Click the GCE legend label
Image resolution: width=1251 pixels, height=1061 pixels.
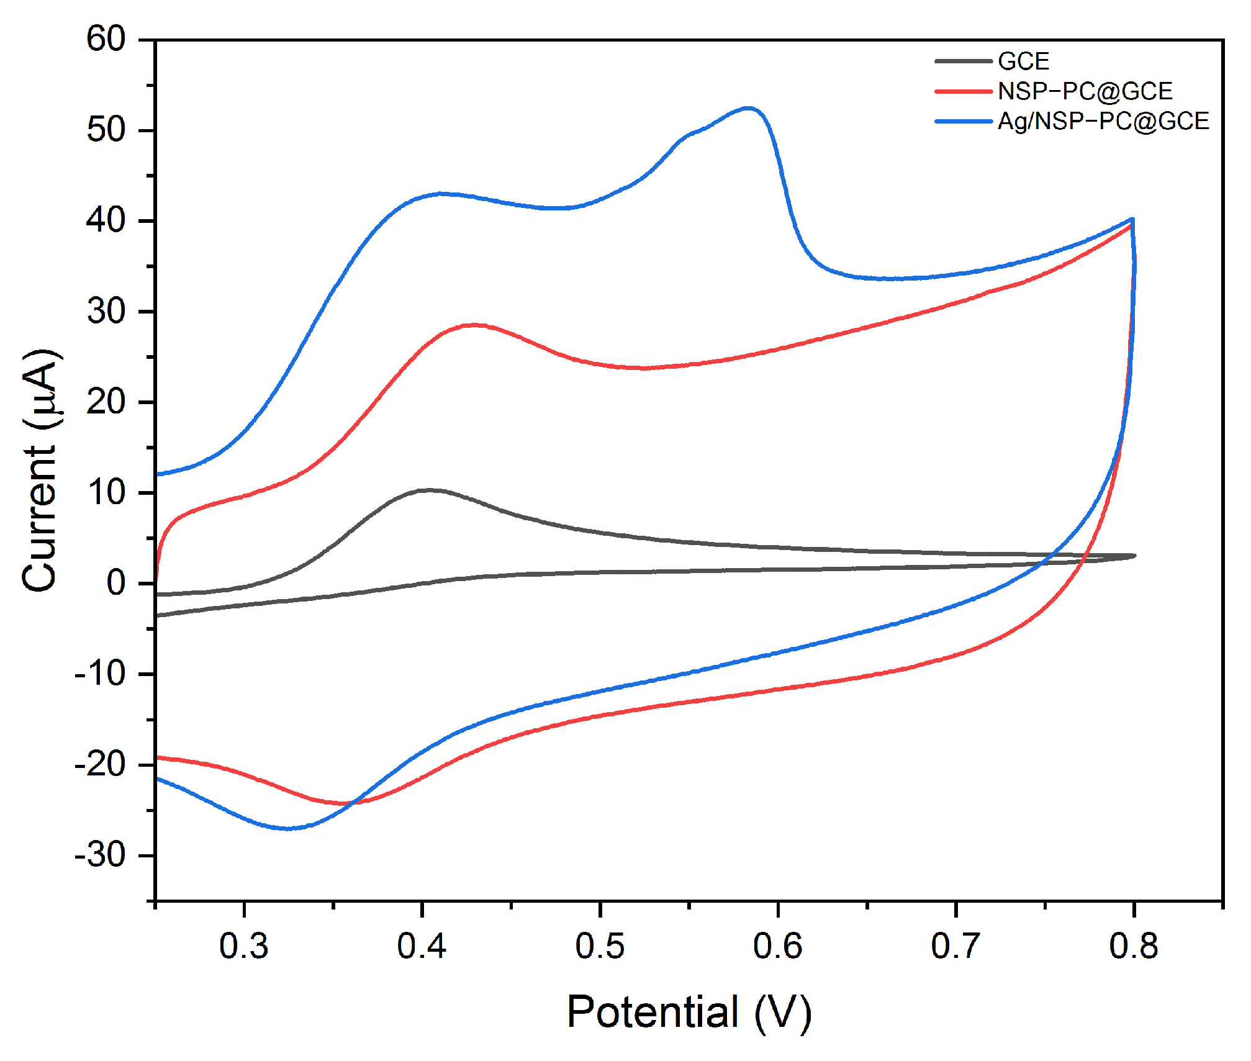[x=1023, y=61]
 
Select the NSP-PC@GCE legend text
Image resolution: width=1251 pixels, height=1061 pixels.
[x=1085, y=91]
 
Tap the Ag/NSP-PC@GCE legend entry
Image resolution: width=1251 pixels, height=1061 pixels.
[x=1103, y=121]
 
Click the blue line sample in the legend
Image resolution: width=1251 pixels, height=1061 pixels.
[x=964, y=121]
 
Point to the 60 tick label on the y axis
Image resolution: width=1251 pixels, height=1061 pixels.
[x=106, y=40]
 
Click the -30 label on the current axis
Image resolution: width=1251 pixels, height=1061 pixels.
[x=100, y=856]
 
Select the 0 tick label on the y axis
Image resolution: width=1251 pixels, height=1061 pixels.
[x=116, y=584]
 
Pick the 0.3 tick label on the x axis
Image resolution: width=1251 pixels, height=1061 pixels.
[x=244, y=946]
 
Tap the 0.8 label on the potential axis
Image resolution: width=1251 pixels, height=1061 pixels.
[x=1133, y=946]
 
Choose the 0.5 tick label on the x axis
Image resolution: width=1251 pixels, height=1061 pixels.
[x=600, y=946]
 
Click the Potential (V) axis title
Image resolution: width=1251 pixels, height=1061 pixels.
[x=689, y=1013]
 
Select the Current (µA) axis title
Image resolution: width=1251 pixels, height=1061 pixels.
[x=41, y=470]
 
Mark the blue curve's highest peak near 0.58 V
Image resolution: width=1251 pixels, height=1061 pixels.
[x=749, y=108]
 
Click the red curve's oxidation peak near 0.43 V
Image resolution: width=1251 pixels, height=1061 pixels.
[x=475, y=324]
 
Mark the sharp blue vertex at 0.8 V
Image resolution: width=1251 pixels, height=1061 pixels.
[x=1133, y=219]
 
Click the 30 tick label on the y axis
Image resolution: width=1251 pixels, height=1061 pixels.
[x=106, y=312]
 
